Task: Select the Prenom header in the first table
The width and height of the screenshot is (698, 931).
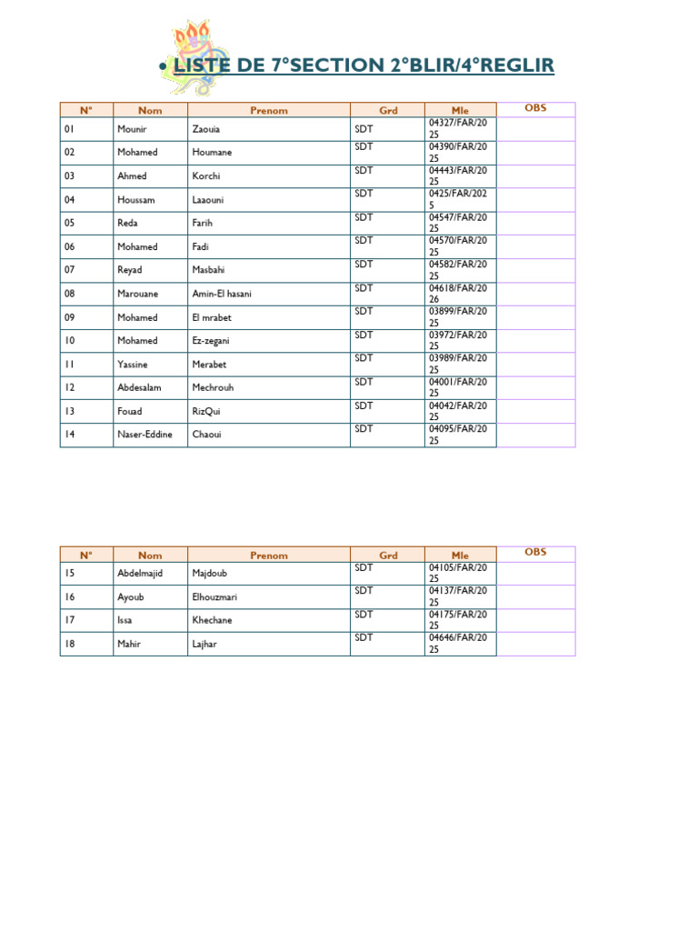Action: (268, 111)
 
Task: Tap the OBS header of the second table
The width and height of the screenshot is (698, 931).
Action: (535, 552)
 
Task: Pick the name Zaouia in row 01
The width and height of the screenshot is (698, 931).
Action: (206, 129)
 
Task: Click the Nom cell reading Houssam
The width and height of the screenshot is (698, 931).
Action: (137, 200)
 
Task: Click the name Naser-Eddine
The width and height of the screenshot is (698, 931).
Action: (145, 435)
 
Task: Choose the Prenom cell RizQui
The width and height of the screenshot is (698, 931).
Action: (207, 411)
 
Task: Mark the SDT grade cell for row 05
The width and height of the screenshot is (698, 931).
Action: (364, 217)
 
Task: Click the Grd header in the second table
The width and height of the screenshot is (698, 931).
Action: (388, 555)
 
